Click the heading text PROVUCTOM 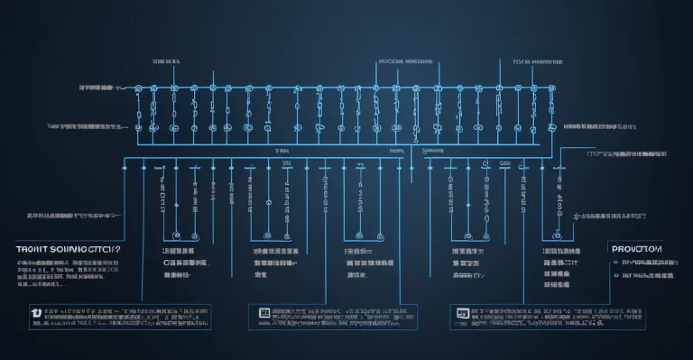tap(637, 248)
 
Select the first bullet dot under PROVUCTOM tap(615, 262)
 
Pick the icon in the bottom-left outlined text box tap(36, 312)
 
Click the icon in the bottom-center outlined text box tap(264, 312)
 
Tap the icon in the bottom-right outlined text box tap(463, 313)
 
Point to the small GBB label tap(505, 163)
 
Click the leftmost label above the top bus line tap(166, 61)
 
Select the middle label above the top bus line tap(405, 61)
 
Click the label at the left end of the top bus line tap(97, 88)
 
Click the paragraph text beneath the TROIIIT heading tap(68, 268)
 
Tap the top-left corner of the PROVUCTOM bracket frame tap(604, 238)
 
